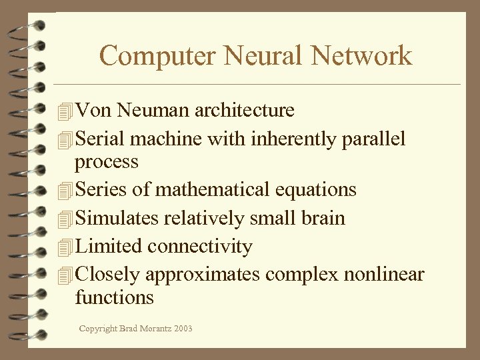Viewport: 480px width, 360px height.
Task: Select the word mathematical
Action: pyautogui.click(x=213, y=190)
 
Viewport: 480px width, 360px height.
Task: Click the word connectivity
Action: pyautogui.click(x=200, y=247)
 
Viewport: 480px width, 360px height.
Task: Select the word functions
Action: pyautogui.click(x=115, y=297)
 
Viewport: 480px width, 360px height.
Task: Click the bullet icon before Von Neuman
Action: pyautogui.click(x=64, y=111)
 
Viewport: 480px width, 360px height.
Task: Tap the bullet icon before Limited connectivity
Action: pyautogui.click(x=64, y=247)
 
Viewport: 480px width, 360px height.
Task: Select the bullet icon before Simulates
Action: pyautogui.click(x=64, y=219)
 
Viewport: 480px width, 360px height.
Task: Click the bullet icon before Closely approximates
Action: pyautogui.click(x=64, y=275)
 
